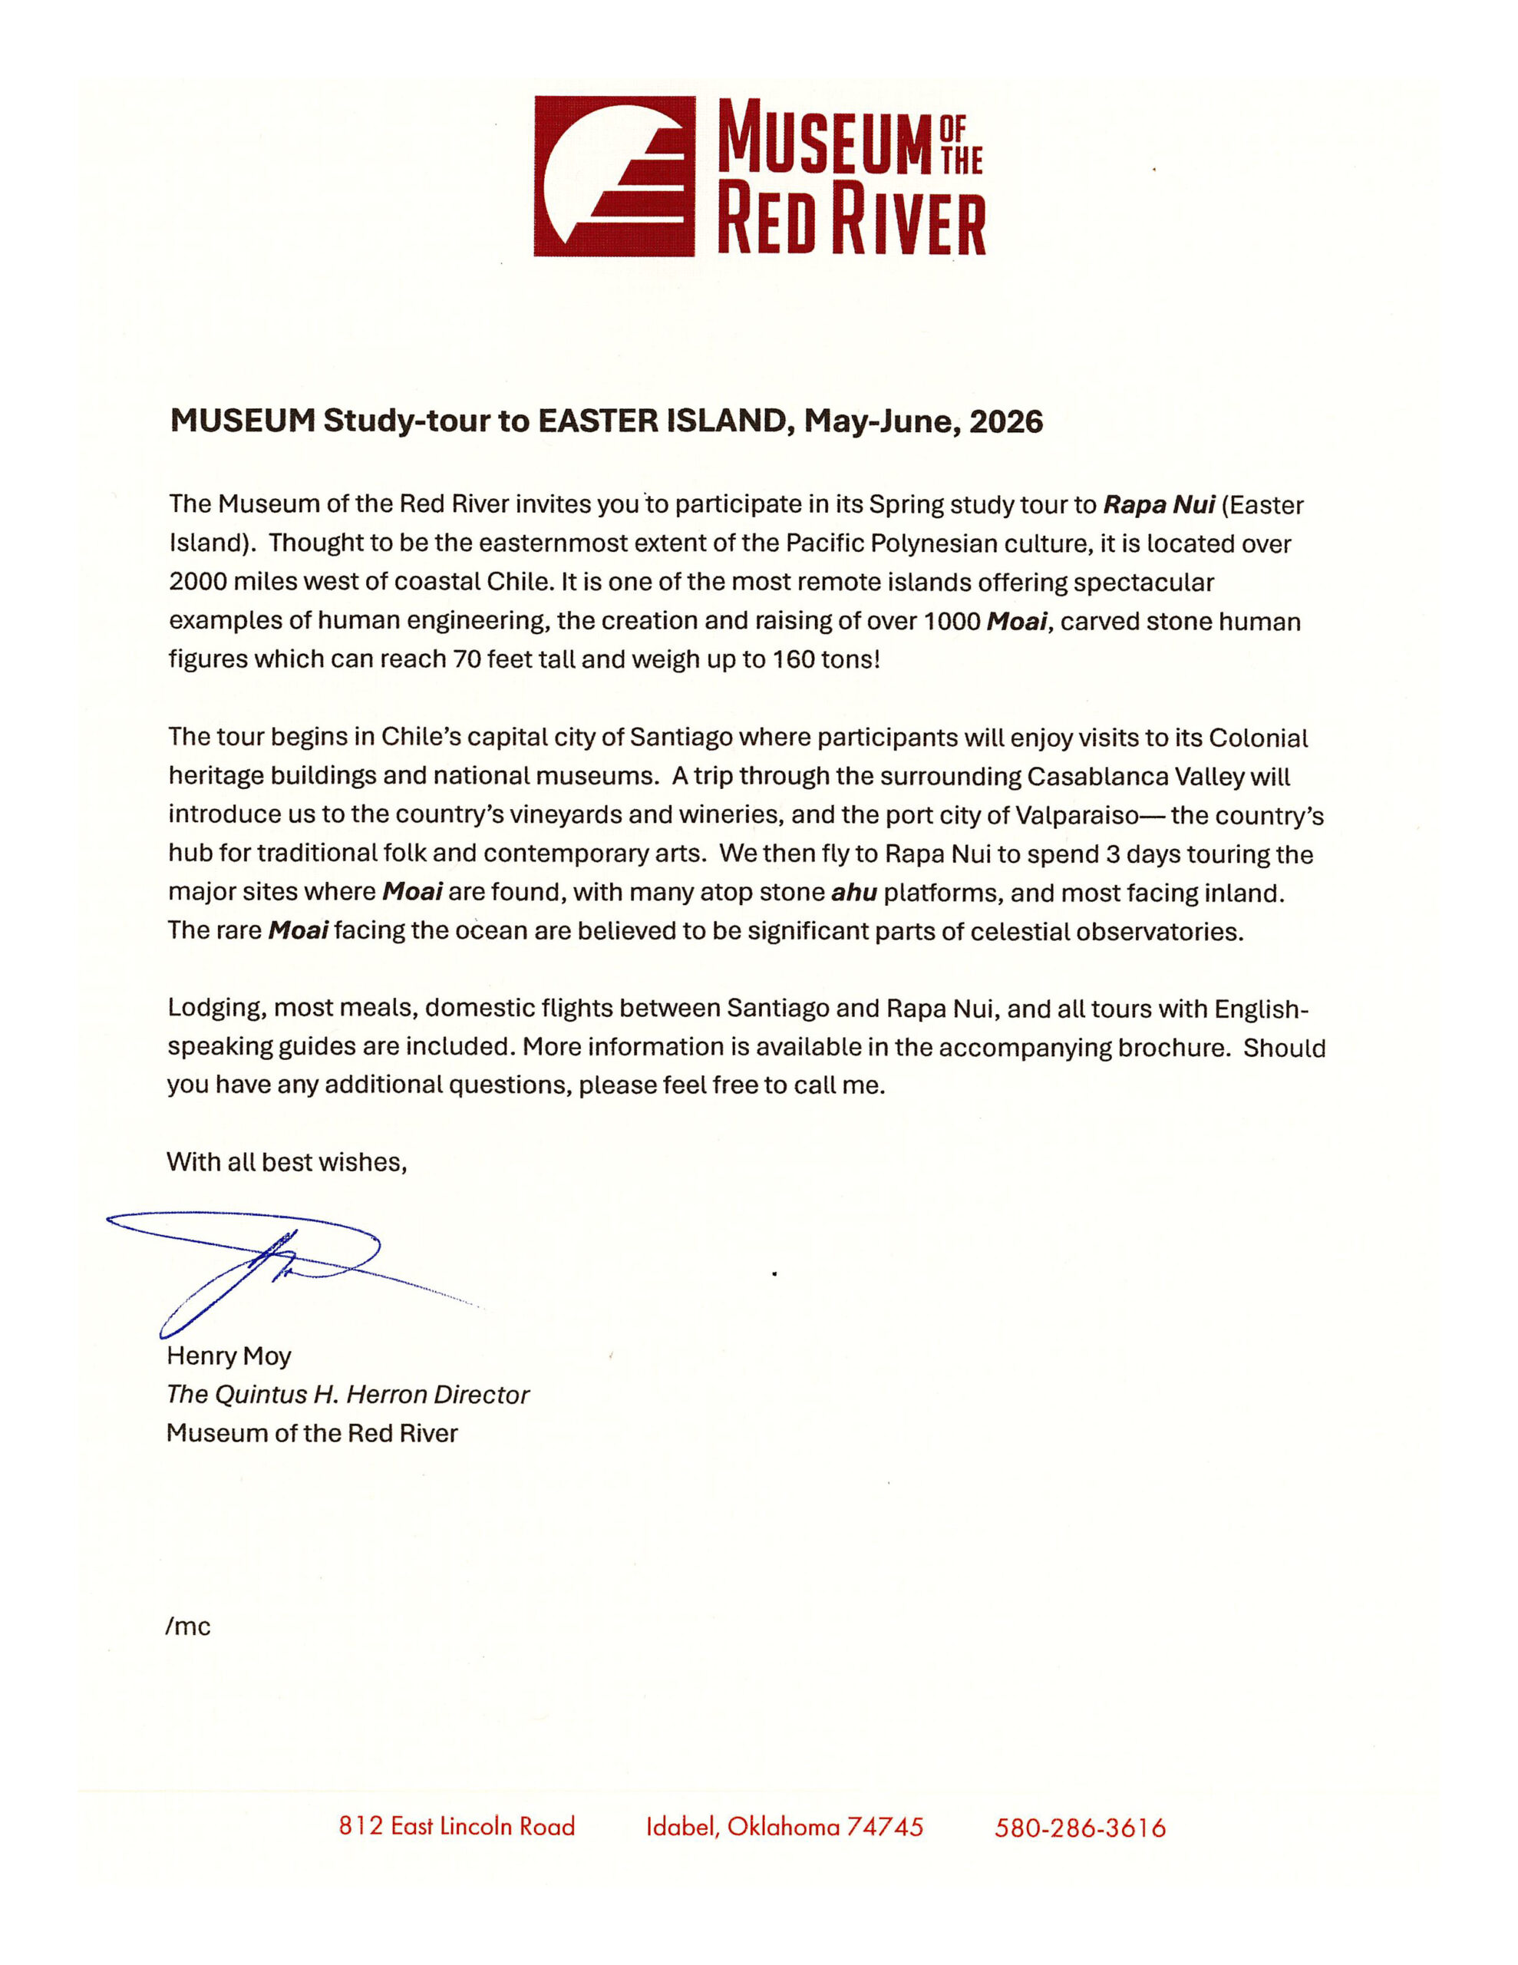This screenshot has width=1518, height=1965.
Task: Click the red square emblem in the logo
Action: [614, 177]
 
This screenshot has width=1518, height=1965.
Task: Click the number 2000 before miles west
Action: [197, 582]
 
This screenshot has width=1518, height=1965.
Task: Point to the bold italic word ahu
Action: [853, 893]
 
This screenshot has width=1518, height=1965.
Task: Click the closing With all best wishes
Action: [286, 1162]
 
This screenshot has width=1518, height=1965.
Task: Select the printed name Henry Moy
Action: [229, 1356]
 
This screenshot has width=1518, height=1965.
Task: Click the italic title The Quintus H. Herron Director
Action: [348, 1395]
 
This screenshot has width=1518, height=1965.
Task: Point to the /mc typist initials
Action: [187, 1626]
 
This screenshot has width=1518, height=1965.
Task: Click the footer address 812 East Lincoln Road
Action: [456, 1826]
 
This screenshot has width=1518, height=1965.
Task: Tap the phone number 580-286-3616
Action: [1080, 1828]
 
